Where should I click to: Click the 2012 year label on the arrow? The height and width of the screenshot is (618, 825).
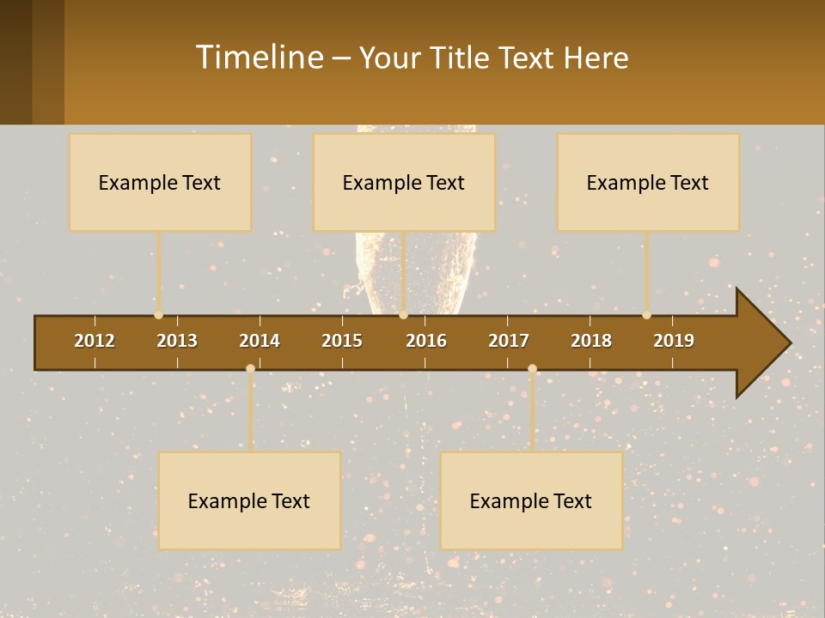pos(95,341)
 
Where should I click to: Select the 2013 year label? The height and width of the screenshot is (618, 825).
pos(177,341)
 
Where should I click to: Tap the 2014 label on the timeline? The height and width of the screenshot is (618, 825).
pos(260,341)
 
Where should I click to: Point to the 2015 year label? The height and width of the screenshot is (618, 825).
pos(342,341)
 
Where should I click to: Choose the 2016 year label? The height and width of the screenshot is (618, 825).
pos(426,341)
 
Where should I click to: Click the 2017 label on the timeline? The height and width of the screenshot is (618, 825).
pos(509,341)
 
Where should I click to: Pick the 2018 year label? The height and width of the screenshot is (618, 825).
pos(591,341)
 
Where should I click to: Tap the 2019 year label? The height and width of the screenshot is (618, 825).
pos(674,341)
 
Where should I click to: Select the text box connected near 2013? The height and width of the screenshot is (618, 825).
pos(160,182)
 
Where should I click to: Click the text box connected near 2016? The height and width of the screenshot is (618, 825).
pos(404,182)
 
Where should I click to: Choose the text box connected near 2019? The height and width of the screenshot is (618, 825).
pos(648,182)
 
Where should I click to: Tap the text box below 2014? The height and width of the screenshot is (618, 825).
pos(249,500)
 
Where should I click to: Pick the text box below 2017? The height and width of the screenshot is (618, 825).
pos(531,500)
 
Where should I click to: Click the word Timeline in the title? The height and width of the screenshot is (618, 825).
pos(259,58)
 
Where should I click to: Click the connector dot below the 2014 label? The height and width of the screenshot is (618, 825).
pos(250,369)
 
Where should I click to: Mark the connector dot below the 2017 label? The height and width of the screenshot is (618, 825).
pos(532,369)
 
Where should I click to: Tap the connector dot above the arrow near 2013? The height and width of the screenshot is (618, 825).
pos(159,315)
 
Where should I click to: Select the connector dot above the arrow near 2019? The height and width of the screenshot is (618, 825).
pos(647,315)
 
